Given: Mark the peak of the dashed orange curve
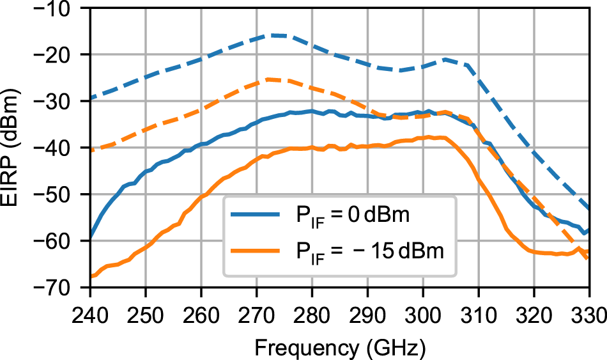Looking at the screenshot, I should [x=268, y=79].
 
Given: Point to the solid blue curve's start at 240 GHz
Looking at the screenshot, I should [x=90, y=237].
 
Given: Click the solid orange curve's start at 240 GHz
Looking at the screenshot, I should [x=91, y=276].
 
